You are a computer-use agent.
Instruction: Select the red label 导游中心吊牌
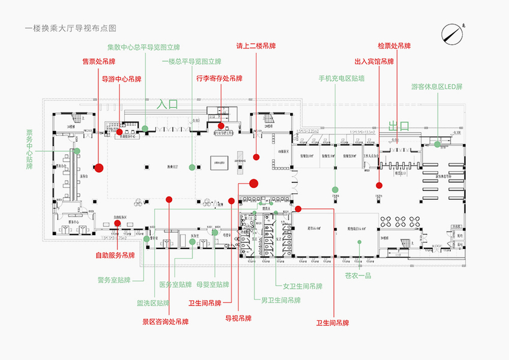pyautogui.click(x=122, y=79)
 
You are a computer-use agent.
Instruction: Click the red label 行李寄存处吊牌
pyautogui.click(x=219, y=78)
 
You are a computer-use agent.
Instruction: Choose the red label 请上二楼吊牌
pyautogui.click(x=256, y=46)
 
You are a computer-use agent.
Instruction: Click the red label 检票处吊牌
pyautogui.click(x=394, y=46)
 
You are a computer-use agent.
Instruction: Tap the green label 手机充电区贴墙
pyautogui.click(x=341, y=79)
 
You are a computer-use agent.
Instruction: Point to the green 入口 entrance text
pyautogui.click(x=168, y=104)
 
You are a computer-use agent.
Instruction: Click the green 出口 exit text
pyautogui.click(x=399, y=125)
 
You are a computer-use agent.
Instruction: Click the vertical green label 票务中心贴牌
pyautogui.click(x=29, y=149)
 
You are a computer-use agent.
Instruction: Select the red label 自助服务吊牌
pyautogui.click(x=115, y=255)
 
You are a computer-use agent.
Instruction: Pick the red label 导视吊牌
pyautogui.click(x=238, y=318)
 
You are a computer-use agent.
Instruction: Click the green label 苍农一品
pyautogui.click(x=358, y=275)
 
